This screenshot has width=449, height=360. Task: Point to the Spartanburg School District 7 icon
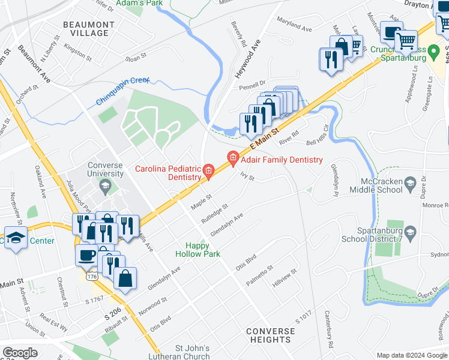[x=411, y=232]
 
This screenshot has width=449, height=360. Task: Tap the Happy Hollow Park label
[x=197, y=250]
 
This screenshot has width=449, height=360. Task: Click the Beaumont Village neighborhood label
[x=88, y=29]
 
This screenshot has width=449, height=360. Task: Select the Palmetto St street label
[x=260, y=275]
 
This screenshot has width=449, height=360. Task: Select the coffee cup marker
[x=86, y=255]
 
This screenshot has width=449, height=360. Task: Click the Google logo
[x=20, y=353]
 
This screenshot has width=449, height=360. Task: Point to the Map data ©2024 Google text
[x=411, y=355]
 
